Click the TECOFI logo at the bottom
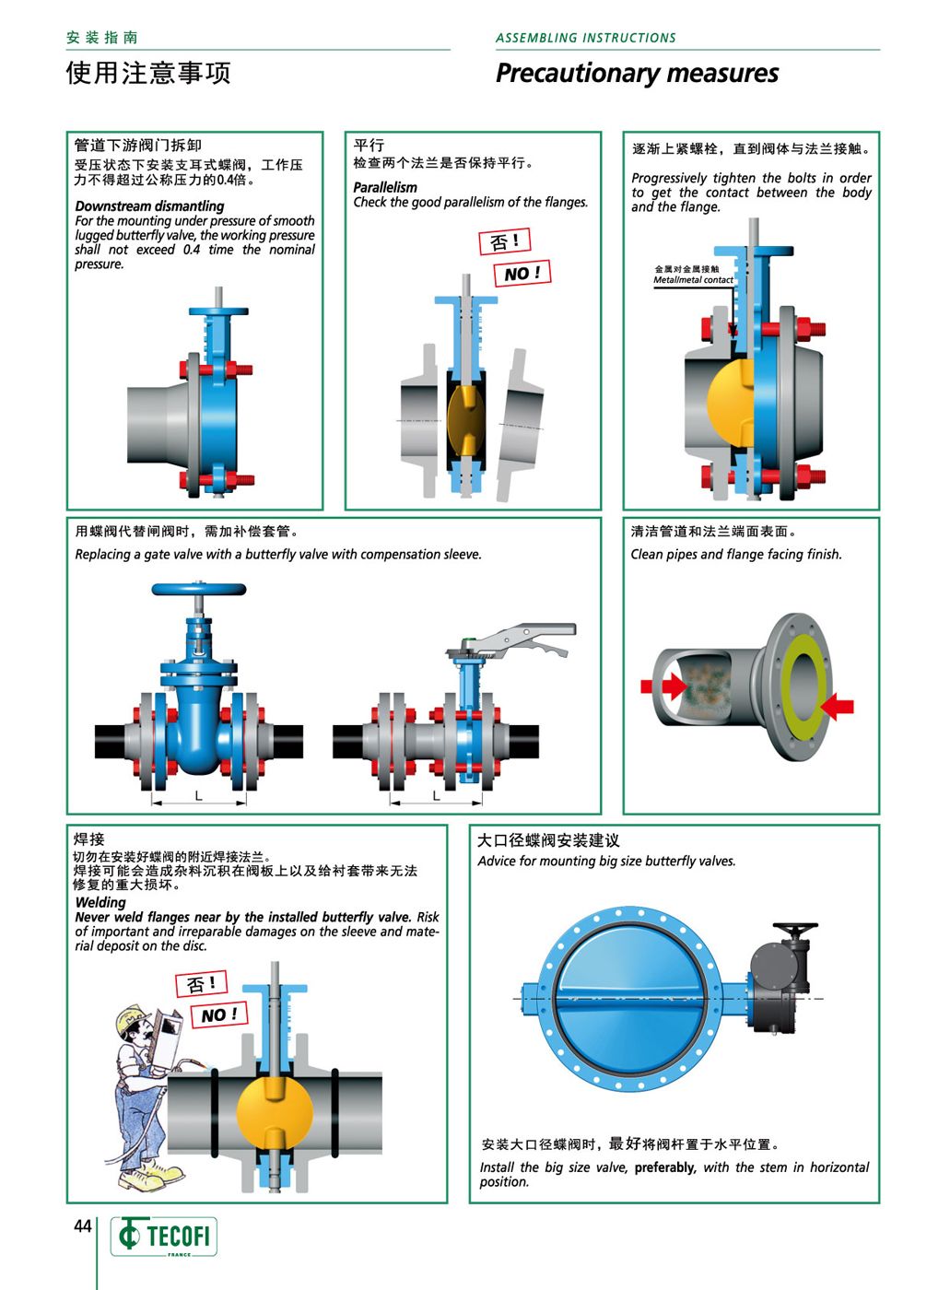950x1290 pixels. coord(163,1237)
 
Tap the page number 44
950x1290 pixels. coord(82,1226)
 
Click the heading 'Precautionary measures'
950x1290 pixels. coord(637,74)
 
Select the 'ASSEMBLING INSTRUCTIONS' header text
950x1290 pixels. coord(585,38)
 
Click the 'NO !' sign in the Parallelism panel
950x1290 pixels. coord(522,273)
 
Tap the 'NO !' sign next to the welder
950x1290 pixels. coord(219,1014)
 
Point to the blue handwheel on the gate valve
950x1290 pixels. coord(199,589)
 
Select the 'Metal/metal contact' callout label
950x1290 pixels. coord(693,280)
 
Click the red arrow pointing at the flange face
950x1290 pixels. coord(838,706)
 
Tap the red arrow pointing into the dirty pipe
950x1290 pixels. coord(663,686)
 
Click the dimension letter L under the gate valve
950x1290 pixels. coord(199,796)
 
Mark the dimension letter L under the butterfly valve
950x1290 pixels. coord(436,796)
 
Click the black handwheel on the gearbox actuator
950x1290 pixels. coord(795,928)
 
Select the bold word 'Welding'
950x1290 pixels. coord(100,902)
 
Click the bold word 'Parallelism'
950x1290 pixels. coord(385,187)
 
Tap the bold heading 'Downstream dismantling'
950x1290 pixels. coord(149,205)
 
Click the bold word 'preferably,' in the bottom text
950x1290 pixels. coord(665,1167)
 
